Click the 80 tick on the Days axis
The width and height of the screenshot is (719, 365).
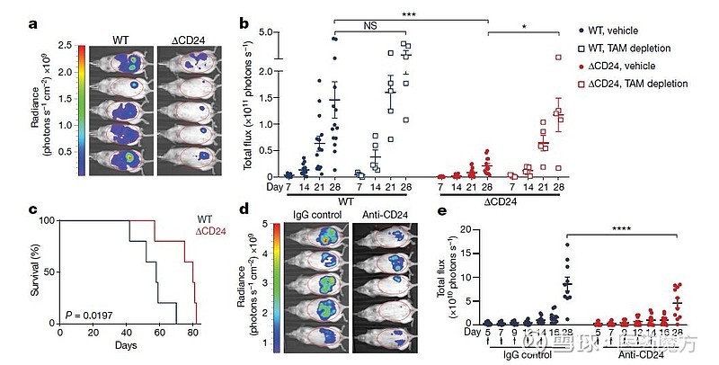(194, 332)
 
